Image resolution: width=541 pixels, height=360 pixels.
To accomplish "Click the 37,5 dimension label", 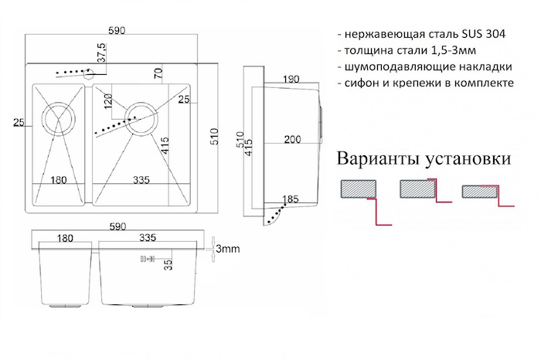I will [101, 55].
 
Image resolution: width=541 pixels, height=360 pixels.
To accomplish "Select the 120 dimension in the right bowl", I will [108, 100].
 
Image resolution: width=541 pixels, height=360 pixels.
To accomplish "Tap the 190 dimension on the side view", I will [291, 79].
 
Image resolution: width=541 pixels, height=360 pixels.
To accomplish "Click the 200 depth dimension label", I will [292, 140].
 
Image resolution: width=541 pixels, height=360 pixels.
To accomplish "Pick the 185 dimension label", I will [291, 200].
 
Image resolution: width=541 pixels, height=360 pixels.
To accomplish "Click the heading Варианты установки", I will [423, 160].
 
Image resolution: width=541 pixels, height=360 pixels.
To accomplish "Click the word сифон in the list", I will [364, 82].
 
